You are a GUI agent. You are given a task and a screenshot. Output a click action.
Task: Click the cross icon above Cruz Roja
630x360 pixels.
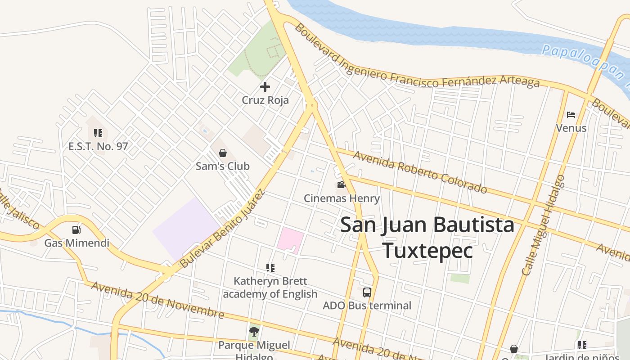265,87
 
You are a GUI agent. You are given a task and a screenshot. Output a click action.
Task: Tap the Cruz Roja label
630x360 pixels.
265,100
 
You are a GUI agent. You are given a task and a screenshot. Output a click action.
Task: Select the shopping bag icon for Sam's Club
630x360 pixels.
222,153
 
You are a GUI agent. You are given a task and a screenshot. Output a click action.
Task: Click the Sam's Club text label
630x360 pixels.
222,166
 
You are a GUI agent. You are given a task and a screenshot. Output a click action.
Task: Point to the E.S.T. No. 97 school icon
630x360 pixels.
98,133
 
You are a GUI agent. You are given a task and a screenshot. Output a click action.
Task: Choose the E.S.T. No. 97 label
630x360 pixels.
98,146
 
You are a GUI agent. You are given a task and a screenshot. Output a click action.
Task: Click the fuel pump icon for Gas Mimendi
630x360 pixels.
76,230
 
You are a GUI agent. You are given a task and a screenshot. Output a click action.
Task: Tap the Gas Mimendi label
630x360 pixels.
76,243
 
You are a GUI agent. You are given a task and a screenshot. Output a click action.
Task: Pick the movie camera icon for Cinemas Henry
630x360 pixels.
341,185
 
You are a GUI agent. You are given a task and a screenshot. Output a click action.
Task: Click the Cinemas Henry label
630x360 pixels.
342,198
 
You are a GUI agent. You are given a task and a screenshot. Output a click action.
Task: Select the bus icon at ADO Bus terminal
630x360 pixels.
367,292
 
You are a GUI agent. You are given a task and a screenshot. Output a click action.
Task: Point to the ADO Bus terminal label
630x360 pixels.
367,306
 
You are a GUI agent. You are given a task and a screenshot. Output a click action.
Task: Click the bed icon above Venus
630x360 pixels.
571,115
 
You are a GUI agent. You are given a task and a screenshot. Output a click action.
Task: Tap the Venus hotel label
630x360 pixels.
571,128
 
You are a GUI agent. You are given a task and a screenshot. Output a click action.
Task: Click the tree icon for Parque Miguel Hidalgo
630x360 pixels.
254,332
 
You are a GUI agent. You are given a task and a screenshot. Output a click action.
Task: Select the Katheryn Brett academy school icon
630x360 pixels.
270,268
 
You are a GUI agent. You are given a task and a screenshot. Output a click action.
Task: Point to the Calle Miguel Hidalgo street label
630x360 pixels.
543,225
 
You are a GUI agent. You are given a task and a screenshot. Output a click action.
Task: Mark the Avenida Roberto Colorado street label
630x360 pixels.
420,172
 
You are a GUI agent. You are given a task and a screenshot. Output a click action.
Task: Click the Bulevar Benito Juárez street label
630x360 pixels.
222,229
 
